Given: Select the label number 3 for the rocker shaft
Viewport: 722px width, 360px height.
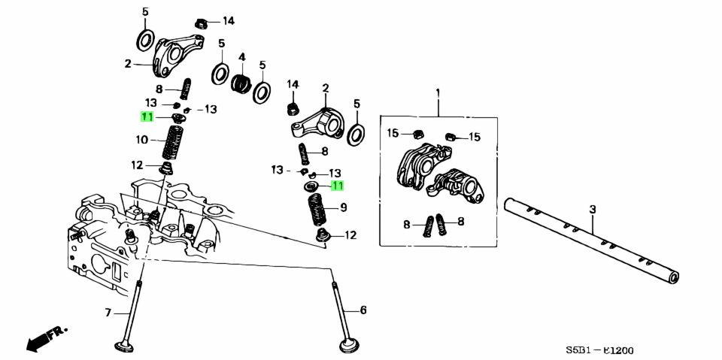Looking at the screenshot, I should pos(592,208).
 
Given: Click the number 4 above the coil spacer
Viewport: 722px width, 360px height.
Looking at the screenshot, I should pos(242,57).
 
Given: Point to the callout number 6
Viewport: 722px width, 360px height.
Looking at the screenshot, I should pos(363,310).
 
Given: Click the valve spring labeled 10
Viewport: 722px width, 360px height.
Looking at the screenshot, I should pos(174,141).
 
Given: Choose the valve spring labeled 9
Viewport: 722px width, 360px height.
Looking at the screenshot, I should pos(317,208).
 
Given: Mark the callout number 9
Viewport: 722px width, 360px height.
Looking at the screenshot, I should pos(344,207).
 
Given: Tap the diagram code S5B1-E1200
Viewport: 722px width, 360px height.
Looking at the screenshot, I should pos(599,350).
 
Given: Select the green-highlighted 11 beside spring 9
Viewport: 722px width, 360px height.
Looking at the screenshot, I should pos(336,186).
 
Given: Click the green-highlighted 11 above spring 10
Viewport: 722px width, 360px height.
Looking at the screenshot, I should pos(146,116).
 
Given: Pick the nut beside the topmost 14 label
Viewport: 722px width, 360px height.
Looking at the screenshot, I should pos(201,21).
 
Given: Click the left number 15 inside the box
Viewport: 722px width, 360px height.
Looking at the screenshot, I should pos(393,134).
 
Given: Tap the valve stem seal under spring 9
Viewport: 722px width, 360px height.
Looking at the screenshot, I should pos(323,236).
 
